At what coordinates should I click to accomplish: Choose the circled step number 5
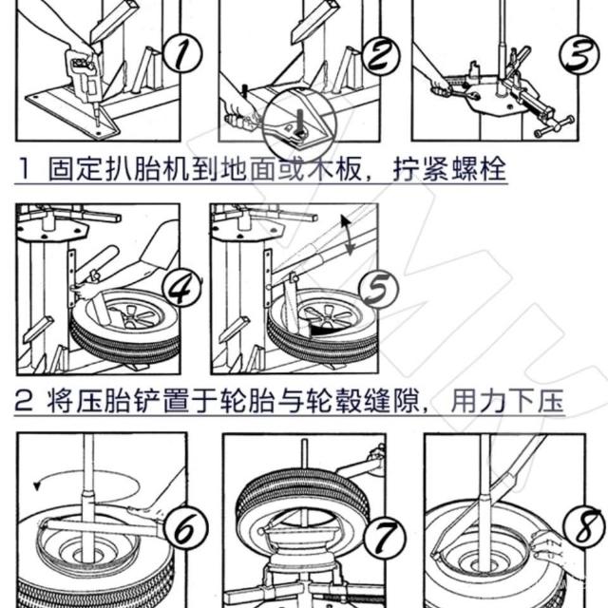pos(379,289)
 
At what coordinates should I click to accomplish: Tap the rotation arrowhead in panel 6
pos(37,485)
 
